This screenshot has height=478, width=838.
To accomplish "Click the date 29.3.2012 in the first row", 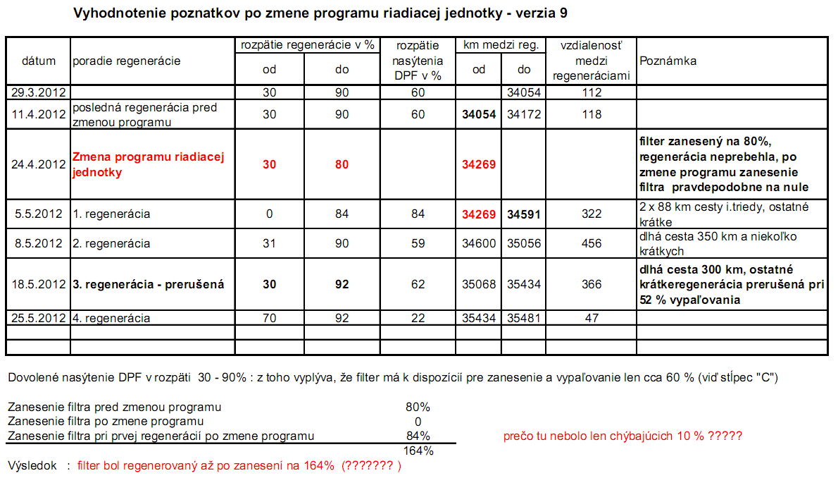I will coord(39,92).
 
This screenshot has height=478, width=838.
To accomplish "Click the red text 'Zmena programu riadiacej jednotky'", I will coord(149,164).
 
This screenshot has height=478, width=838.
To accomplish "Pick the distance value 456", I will coord(592,243).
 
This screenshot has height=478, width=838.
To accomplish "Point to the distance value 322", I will coord(592,214).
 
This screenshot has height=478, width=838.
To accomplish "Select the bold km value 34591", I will coord(523,214).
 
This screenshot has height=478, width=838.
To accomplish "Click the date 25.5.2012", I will coord(39,318).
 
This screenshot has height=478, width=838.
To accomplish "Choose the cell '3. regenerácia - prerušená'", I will coord(149,284).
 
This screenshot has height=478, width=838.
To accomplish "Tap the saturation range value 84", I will coord(418,214).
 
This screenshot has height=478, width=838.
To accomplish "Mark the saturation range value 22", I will coord(418,318).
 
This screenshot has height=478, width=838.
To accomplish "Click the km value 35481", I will coord(523,318).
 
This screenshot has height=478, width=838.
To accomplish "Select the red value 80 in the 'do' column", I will coord(342,164).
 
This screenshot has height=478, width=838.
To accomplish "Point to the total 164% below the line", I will coord(418,451).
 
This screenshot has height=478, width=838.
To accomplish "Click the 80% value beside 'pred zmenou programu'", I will coord(418,407).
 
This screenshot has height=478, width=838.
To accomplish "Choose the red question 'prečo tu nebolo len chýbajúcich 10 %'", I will coord(623,436).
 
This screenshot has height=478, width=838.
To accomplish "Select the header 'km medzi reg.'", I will coord(501,45).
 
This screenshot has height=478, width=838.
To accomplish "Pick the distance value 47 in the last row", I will coord(592,318).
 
